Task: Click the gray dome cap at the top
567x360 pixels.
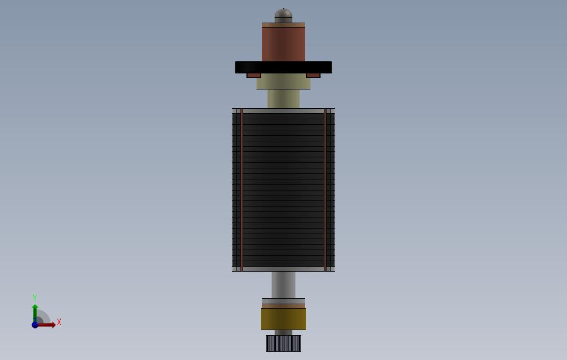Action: pyautogui.click(x=283, y=16)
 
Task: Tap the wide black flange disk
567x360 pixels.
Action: pyautogui.click(x=283, y=67)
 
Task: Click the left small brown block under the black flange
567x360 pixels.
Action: pyautogui.click(x=254, y=75)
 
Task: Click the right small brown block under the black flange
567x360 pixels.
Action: pyautogui.click(x=313, y=75)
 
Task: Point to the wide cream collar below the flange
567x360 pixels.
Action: pyautogui.click(x=283, y=82)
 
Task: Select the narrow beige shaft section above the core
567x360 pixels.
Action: pyautogui.click(x=283, y=99)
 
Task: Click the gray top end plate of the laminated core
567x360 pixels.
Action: pyautogui.click(x=283, y=111)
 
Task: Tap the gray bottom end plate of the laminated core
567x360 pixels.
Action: pyautogui.click(x=283, y=269)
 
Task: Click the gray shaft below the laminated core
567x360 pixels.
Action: pyautogui.click(x=283, y=284)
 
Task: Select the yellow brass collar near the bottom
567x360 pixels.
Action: pyautogui.click(x=283, y=319)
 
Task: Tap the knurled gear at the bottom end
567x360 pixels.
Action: pyautogui.click(x=283, y=343)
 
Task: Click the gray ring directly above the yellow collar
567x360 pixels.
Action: pyautogui.click(x=283, y=301)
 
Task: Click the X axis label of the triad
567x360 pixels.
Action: pyautogui.click(x=59, y=322)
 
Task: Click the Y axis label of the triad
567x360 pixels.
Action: pyautogui.click(x=35, y=298)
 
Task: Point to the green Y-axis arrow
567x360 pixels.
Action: pyautogui.click(x=35, y=311)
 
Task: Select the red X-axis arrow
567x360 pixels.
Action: pyautogui.click(x=48, y=325)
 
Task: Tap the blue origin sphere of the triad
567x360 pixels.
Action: pyautogui.click(x=35, y=325)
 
